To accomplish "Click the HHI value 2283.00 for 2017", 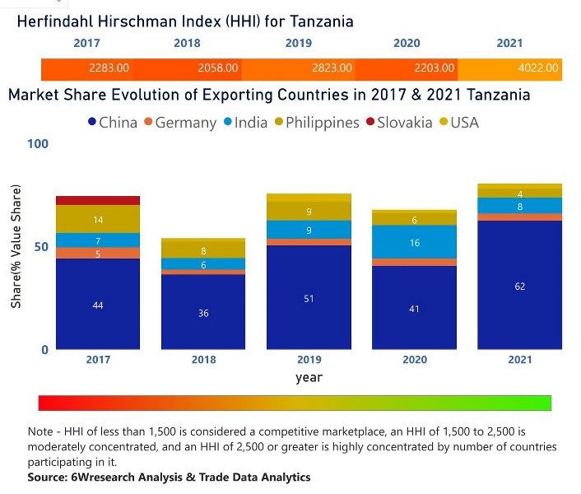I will pyautogui.click(x=109, y=68).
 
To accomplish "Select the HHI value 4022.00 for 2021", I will pyautogui.click(x=538, y=68).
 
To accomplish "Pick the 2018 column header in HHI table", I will pyautogui.click(x=187, y=43).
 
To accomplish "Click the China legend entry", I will pyautogui.click(x=112, y=123).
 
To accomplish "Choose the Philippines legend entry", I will pyautogui.click(x=316, y=123).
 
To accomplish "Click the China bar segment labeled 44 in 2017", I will pyautogui.click(x=98, y=304).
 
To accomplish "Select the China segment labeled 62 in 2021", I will pyautogui.click(x=519, y=285).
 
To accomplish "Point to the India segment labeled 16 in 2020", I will pyautogui.click(x=414, y=242).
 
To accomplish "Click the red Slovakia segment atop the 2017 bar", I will pyautogui.click(x=98, y=200).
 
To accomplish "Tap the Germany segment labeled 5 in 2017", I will pyautogui.click(x=98, y=253).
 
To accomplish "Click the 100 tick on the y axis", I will pyautogui.click(x=38, y=144).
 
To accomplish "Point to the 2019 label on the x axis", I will pyautogui.click(x=309, y=360).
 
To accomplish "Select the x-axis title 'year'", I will pyautogui.click(x=309, y=378).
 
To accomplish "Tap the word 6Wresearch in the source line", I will pyautogui.click(x=111, y=477).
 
